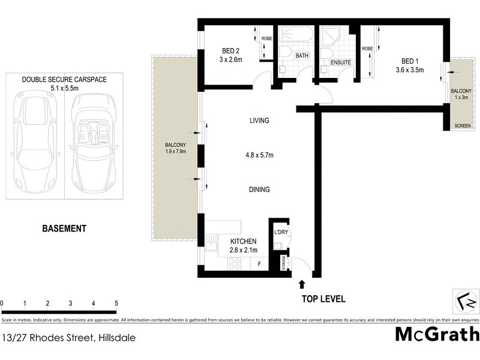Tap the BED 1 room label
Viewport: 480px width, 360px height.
[x=410, y=61]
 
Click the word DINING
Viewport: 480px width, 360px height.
[x=259, y=190]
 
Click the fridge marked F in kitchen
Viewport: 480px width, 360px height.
[x=259, y=263]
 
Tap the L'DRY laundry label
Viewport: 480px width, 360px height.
[x=280, y=232]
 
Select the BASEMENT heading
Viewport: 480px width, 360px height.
[x=64, y=229]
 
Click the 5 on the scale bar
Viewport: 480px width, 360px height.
[x=116, y=304]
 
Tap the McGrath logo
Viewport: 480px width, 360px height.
[x=437, y=334]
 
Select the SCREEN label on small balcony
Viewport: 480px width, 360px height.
[x=463, y=126]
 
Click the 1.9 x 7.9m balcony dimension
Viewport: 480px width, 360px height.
[x=176, y=152]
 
